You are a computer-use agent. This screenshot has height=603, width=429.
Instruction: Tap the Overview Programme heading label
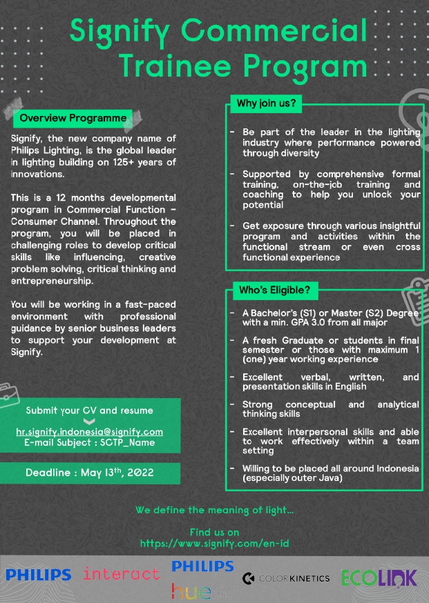[73, 118]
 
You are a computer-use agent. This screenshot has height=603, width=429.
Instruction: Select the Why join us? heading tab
[266, 104]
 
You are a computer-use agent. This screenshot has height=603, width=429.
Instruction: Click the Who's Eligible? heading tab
[274, 290]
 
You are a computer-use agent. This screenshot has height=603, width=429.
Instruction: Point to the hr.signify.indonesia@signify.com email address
[90, 432]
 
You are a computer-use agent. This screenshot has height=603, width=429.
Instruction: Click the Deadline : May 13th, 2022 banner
[90, 473]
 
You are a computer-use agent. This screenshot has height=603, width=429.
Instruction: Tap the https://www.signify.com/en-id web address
[214, 544]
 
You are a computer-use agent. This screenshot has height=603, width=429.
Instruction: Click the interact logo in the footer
[121, 574]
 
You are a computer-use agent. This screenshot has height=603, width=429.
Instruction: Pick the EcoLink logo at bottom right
[379, 577]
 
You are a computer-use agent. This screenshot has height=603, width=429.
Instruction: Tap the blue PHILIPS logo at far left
[38, 575]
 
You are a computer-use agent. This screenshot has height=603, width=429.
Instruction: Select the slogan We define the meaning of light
[214, 511]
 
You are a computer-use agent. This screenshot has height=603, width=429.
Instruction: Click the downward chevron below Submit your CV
[89, 422]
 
